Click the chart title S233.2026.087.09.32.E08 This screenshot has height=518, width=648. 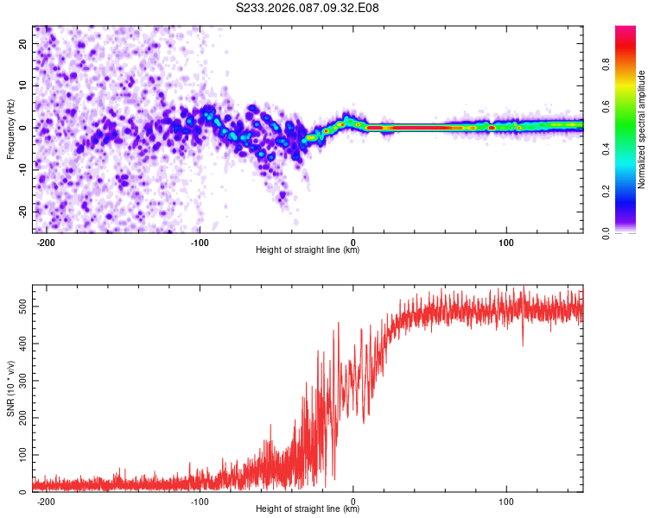(308, 8)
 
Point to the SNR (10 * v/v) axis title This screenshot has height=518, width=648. (10, 388)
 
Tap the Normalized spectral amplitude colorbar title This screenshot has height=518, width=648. (642, 129)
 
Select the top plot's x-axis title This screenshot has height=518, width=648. (308, 250)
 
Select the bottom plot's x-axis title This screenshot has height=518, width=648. (308, 509)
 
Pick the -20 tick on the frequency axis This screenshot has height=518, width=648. (22, 212)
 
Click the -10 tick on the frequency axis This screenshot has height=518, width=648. (22, 170)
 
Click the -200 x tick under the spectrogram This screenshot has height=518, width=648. (46, 242)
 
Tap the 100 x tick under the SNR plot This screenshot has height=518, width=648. (506, 501)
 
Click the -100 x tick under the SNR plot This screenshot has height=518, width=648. (200, 501)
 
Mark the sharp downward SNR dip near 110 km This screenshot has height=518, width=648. (522, 344)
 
